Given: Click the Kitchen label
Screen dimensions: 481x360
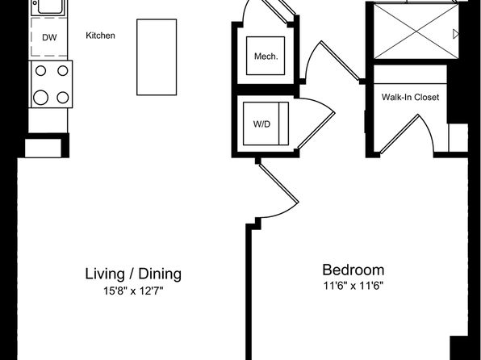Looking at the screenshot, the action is click(100, 36).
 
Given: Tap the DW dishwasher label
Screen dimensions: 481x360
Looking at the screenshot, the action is click(49, 38).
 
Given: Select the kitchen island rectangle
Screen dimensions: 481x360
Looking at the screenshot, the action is click(157, 57).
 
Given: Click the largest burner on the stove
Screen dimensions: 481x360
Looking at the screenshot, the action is click(41, 98).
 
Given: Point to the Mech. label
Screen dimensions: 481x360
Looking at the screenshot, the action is click(266, 57).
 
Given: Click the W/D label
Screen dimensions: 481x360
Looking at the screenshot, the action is click(261, 124).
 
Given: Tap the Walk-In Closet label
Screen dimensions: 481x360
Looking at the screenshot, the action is click(410, 98).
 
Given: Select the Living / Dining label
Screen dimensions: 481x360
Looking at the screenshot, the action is click(133, 274).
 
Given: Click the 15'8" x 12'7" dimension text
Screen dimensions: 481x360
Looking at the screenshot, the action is click(133, 291).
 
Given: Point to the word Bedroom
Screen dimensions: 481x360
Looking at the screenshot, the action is click(353, 270).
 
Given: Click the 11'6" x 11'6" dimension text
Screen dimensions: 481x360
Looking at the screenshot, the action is click(353, 286).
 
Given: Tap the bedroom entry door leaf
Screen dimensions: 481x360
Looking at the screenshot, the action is click(278, 183).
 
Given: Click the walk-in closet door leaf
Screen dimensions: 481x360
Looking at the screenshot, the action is click(399, 134).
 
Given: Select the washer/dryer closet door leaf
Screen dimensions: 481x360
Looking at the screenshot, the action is click(316, 131).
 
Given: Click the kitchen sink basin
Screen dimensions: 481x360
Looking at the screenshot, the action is click(51, 6).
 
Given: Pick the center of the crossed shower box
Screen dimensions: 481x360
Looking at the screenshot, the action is click(416, 31).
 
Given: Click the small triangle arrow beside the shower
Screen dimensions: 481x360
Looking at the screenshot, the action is click(456, 34).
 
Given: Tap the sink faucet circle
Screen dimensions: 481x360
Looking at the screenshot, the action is click(35, 3).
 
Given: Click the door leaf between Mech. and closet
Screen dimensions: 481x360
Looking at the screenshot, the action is click(340, 61).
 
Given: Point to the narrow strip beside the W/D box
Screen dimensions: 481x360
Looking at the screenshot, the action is click(284, 123).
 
